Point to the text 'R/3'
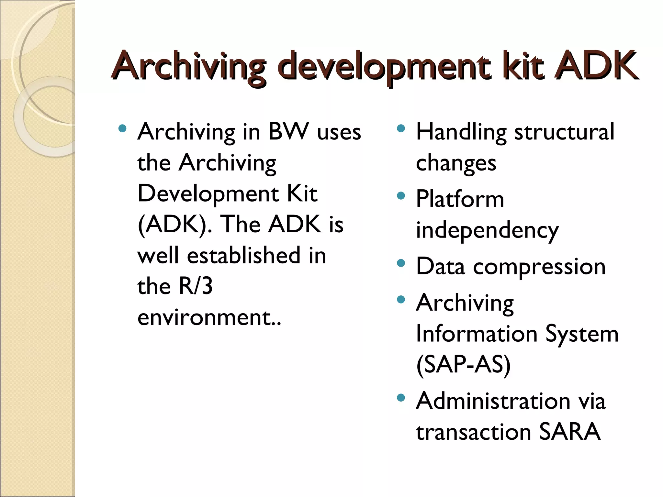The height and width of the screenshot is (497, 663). click(196, 286)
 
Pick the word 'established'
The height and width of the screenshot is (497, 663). click(244, 256)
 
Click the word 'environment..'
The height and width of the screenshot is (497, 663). click(209, 317)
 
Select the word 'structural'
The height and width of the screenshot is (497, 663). click(564, 132)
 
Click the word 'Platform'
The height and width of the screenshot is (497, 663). click(460, 199)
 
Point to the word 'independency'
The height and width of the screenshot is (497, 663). click(487, 231)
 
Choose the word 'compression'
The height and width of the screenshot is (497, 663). click(539, 267)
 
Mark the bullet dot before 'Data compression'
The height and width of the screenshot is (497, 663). click(401, 263)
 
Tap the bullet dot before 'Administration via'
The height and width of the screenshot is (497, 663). click(401, 398)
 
